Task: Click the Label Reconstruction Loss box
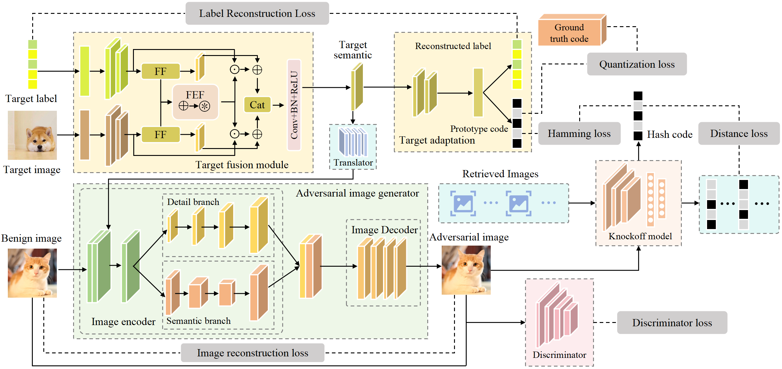(257, 13)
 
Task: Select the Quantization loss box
(637, 64)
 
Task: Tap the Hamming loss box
(579, 133)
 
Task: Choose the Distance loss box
(739, 133)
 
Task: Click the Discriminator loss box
(672, 323)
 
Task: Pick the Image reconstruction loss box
(252, 353)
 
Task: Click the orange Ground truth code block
(569, 33)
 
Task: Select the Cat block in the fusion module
(257, 105)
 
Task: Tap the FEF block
(195, 102)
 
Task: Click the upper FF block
(161, 71)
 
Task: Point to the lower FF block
(161, 135)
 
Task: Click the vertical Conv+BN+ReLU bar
(294, 105)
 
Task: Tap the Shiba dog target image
(32, 135)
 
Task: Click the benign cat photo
(32, 273)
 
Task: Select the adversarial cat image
(466, 270)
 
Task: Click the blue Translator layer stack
(353, 142)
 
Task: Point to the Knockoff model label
(640, 236)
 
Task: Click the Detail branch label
(193, 202)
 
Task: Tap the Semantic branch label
(199, 321)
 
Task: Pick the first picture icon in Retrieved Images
(463, 203)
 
